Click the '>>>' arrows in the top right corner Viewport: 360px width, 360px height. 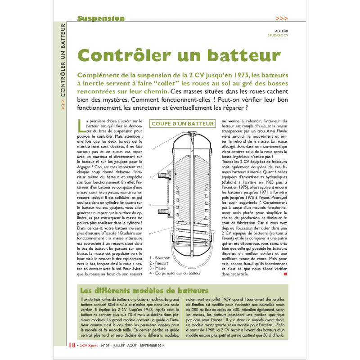[x=281, y=18]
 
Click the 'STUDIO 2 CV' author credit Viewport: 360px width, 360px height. [x=278, y=35]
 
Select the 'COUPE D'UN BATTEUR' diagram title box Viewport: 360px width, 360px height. [x=182, y=123]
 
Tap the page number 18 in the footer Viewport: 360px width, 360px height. [x=72, y=345]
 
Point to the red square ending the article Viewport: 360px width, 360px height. [x=285, y=273]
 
